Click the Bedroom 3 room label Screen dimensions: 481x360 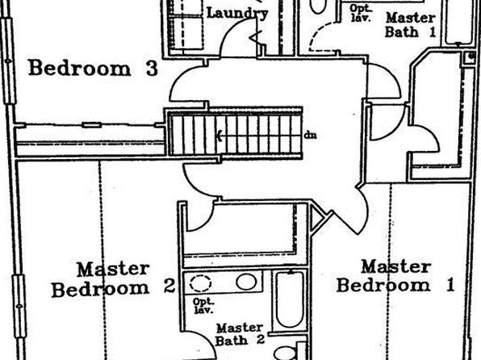[x=94, y=68]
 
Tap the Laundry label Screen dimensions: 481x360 [x=237, y=14]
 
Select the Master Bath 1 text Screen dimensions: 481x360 [x=411, y=25]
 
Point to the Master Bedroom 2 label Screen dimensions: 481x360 [x=114, y=280]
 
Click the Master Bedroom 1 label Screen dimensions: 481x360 [x=395, y=276]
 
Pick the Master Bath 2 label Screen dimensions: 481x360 [x=240, y=334]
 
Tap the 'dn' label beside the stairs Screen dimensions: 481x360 [x=311, y=135]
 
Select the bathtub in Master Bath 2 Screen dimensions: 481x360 [x=291, y=299]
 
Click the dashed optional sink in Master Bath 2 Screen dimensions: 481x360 [x=200, y=283]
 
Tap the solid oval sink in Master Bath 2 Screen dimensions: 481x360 [x=246, y=282]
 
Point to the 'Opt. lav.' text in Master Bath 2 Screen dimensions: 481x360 [x=203, y=306]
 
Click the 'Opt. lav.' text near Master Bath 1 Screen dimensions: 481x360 [x=361, y=13]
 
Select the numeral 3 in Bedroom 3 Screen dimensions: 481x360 [x=152, y=68]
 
